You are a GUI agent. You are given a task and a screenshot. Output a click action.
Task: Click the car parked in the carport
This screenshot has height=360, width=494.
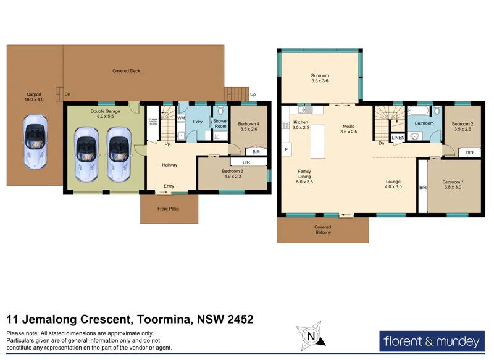tap(34, 142)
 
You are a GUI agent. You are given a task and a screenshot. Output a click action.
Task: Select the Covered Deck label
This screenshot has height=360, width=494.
tap(126, 71)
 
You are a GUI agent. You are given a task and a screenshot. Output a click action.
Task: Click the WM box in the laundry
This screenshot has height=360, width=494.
tap(181, 118)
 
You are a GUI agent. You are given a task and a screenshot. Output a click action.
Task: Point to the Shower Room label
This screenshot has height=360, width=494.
tap(220, 123)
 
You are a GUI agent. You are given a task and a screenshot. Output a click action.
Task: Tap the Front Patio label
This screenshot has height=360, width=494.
tap(168, 209)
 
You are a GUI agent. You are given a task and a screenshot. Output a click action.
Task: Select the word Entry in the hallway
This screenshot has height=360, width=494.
tap(169, 186)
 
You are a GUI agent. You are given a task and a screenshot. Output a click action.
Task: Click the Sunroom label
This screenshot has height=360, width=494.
tap(320, 78)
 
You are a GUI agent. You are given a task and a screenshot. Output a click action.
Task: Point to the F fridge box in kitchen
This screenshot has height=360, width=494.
tap(287, 149)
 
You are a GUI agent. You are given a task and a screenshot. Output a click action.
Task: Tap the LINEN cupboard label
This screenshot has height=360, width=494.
tap(398, 137)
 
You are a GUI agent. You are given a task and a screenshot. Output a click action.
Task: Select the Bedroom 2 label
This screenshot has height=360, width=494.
tap(462, 127)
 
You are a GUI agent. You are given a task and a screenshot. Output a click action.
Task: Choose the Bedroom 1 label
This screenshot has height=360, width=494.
tap(452, 184)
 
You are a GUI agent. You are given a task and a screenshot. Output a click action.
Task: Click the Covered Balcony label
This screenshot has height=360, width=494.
tap(322, 230)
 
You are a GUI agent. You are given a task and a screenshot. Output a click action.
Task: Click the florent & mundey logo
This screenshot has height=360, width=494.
tap(431, 340)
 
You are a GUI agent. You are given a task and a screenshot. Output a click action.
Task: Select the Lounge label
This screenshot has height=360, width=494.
tap(393, 184)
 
